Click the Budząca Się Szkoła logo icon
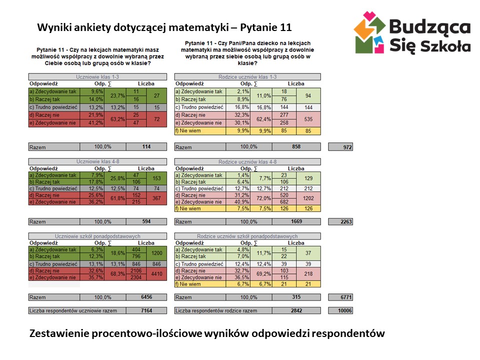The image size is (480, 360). tap(370, 33)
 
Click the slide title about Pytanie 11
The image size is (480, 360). tap(164, 26)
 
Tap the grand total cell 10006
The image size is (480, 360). tap(340, 310)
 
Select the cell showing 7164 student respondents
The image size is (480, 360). tap(146, 310)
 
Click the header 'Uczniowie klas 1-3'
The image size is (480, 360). tap(97, 77)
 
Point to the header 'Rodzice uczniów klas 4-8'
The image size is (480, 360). tap(247, 162)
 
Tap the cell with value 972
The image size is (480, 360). tap(340, 147)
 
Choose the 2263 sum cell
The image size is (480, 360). tap(340, 221)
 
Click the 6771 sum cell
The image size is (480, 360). tap(340, 297)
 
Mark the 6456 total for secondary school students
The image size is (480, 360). tap(146, 297)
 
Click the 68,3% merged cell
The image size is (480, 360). tap(117, 273)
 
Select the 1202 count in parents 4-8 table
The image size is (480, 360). tap(308, 198)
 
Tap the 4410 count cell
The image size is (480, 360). tap(156, 273)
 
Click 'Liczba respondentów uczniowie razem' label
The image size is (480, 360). tap(73, 310)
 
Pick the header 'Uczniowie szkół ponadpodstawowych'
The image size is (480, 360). tap(97, 236)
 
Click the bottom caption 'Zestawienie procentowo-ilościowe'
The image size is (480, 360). tap(207, 333)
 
